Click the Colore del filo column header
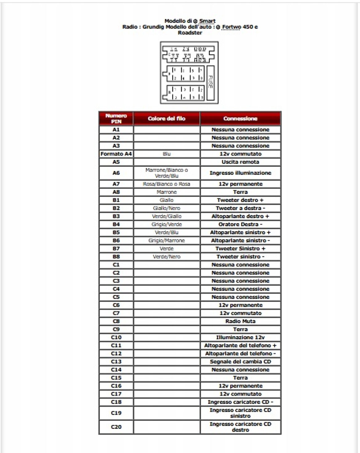coord(166,118)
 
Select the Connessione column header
coord(240,118)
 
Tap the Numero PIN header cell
coord(116,118)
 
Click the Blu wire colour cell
coord(166,154)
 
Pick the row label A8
coord(116,192)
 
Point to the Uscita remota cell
coord(240,162)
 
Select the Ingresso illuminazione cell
coord(240,173)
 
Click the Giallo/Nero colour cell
coord(166,208)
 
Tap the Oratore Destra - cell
coord(240,224)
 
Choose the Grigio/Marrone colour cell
coord(166,240)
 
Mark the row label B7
coord(116,248)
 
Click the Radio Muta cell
coord(240,321)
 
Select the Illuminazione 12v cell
coord(240,337)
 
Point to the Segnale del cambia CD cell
coord(240,361)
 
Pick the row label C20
coord(116,427)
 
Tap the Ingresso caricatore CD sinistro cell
coord(240,413)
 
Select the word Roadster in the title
coord(190,33)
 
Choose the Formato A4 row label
coord(116,154)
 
